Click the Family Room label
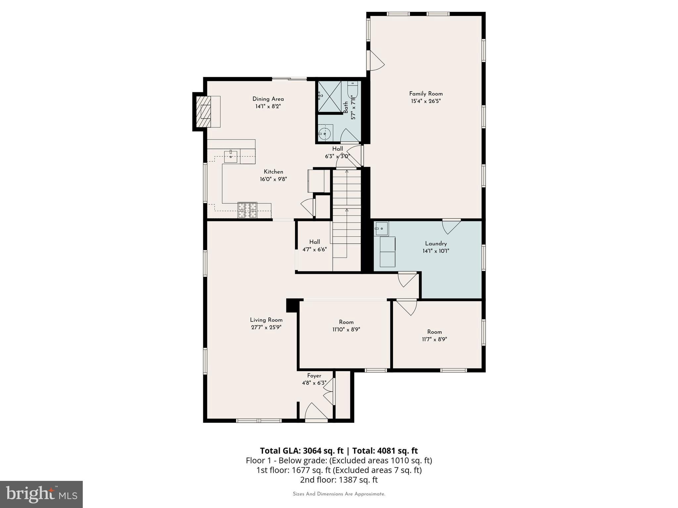point(426,94)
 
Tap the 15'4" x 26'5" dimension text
point(426,101)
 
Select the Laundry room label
point(436,243)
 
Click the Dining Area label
point(268,99)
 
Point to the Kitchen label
point(273,172)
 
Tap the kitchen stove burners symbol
point(247,210)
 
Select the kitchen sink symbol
point(231,156)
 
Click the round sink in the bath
point(324,133)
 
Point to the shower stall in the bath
point(329,96)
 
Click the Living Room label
point(266,320)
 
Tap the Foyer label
point(314,376)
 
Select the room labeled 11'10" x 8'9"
point(346,326)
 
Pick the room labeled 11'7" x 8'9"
point(434,335)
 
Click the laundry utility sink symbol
point(381,228)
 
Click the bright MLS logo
point(41,494)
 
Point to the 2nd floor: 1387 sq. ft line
point(339,480)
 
